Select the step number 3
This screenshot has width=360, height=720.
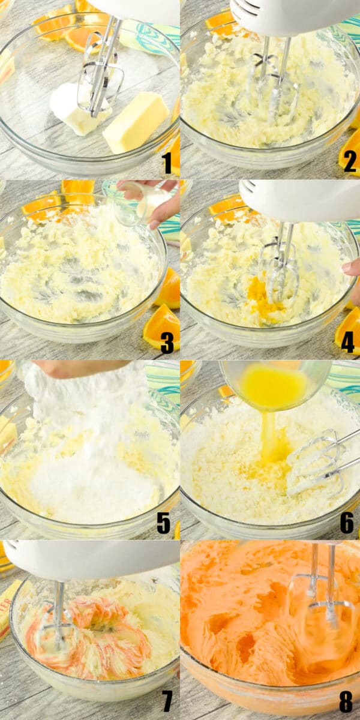pyautogui.click(x=167, y=343)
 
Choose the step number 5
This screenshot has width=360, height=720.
pyautogui.click(x=164, y=523)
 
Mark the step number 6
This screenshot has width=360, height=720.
pyautogui.click(x=347, y=523)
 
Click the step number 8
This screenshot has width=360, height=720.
pyautogui.click(x=346, y=701)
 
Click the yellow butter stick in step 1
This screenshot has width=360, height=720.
pyautogui.click(x=136, y=122)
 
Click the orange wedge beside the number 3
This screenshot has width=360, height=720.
pyautogui.click(x=161, y=327)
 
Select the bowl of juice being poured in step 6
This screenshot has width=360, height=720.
pyautogui.click(x=275, y=384)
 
